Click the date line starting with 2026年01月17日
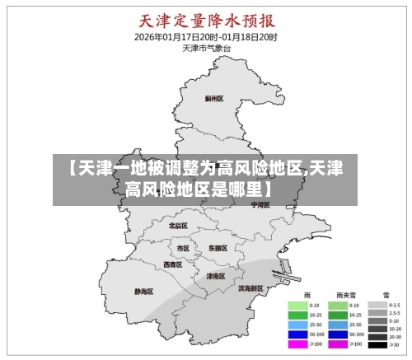coord(206,37)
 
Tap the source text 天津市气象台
coord(206,49)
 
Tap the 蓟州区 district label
coord(213,98)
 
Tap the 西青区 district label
coord(173,264)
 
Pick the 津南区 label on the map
coord(215,276)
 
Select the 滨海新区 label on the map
coord(250,288)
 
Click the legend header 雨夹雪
coord(345,294)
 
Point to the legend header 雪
coord(385,294)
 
